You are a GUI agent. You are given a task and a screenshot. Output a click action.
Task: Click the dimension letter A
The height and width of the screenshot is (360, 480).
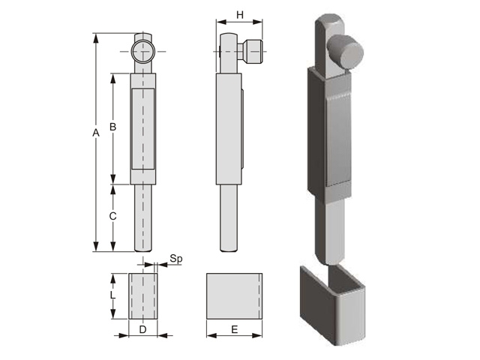[x=96, y=133]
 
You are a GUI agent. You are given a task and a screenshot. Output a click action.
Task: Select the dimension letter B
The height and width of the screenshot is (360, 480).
[x=113, y=127]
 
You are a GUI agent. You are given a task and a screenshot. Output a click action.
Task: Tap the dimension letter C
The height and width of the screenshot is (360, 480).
[x=113, y=216]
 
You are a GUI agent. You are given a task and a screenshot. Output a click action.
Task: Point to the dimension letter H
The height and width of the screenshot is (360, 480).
[x=240, y=15]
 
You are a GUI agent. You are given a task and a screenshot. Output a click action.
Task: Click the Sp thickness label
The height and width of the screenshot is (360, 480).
[x=176, y=259]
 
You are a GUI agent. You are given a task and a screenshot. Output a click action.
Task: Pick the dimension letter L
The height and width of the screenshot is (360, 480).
[x=112, y=295]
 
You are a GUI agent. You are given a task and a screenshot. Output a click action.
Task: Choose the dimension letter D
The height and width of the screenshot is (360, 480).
[x=143, y=330]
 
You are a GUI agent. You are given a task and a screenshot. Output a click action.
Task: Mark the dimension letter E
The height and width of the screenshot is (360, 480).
[x=235, y=330]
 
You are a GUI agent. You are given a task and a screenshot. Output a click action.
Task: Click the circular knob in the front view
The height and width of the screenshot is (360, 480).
[x=143, y=52]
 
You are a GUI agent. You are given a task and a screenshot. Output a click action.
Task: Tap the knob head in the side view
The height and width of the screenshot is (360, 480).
[x=253, y=52]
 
